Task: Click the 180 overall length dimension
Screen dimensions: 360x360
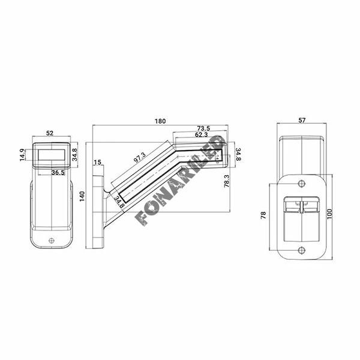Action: click(x=160, y=121)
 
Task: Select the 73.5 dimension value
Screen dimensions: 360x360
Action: click(x=203, y=128)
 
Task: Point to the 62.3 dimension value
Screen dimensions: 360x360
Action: click(x=202, y=134)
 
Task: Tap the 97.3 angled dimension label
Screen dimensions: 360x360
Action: click(x=140, y=157)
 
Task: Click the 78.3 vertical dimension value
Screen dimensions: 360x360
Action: click(x=227, y=181)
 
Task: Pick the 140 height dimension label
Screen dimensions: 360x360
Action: click(x=82, y=196)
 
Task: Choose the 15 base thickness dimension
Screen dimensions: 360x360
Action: click(x=98, y=163)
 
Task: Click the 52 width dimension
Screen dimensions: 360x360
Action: click(x=50, y=133)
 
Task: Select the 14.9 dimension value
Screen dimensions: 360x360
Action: click(x=23, y=155)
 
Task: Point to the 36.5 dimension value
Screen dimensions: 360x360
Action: click(x=58, y=172)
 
